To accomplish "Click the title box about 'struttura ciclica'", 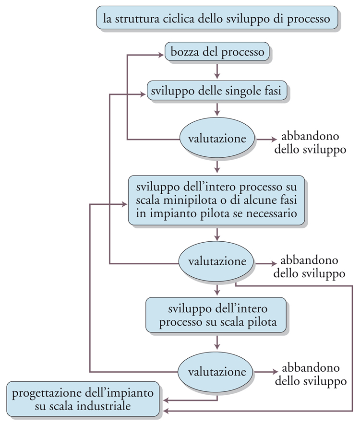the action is pyautogui.click(x=217, y=18).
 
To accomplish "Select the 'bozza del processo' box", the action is pyautogui.click(x=217, y=52).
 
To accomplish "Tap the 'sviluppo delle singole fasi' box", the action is pyautogui.click(x=216, y=90).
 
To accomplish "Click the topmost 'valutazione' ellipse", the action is pyautogui.click(x=217, y=138).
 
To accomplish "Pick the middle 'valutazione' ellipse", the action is pyautogui.click(x=216, y=261).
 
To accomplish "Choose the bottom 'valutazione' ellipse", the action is pyautogui.click(x=216, y=372).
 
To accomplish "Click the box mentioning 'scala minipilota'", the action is pyautogui.click(x=216, y=200).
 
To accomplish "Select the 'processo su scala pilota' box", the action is pyautogui.click(x=216, y=315).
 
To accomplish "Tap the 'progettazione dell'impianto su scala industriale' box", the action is pyautogui.click(x=83, y=399).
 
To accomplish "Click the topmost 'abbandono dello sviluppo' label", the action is pyautogui.click(x=310, y=142).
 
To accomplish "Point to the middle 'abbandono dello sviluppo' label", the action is pyautogui.click(x=309, y=267).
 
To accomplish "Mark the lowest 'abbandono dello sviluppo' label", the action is pyautogui.click(x=311, y=374).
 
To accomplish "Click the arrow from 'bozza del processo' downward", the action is pyautogui.click(x=217, y=71).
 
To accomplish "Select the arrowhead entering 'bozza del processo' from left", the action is pyautogui.click(x=161, y=55).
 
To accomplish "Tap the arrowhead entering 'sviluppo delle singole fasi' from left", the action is pyautogui.click(x=143, y=94).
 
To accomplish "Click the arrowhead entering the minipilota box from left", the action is pyautogui.click(x=124, y=204).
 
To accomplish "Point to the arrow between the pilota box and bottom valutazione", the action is pyautogui.click(x=216, y=342).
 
